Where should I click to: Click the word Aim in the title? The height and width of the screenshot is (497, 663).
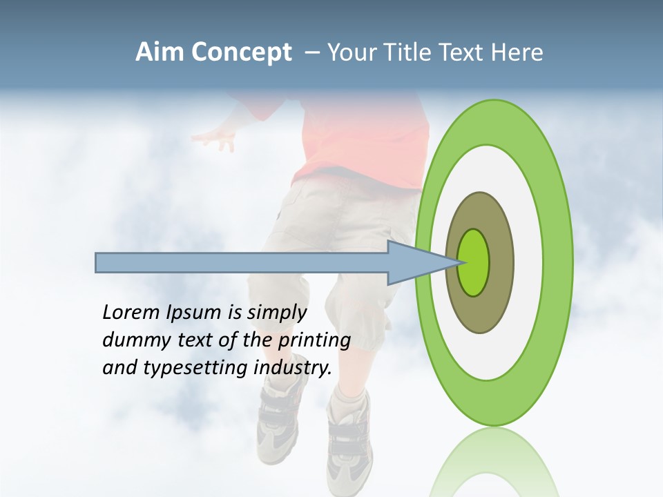click(x=160, y=52)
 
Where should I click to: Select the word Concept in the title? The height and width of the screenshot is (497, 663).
click(x=242, y=52)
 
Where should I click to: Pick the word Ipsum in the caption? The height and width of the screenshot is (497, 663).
click(x=195, y=312)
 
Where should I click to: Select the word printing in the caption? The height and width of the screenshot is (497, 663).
click(x=314, y=340)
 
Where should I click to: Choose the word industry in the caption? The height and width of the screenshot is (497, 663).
click(x=293, y=367)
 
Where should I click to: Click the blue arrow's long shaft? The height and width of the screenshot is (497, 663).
click(x=242, y=262)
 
